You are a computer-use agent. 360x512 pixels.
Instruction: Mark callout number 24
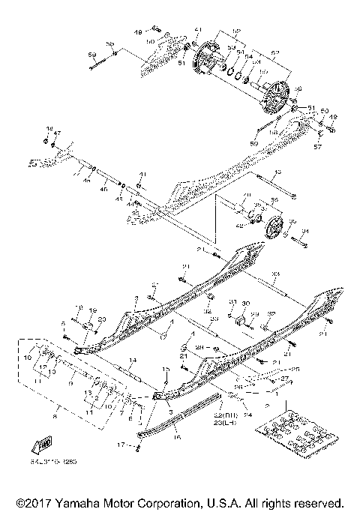pyautogui.click(x=247, y=413)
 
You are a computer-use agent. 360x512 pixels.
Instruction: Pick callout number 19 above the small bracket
pyautogui.click(x=94, y=310)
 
